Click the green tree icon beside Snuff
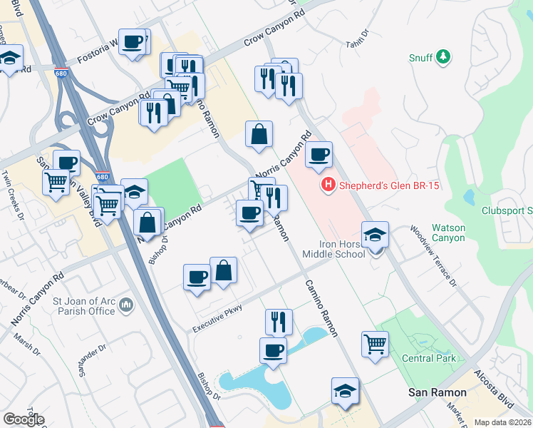[x=443, y=56]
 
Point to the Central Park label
[x=428, y=358]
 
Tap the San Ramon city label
[x=436, y=393]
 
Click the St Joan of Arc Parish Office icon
[x=127, y=305]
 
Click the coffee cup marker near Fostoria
[x=133, y=42]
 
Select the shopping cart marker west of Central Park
[x=375, y=344]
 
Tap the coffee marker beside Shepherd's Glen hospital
[x=319, y=154]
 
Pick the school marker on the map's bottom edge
[x=345, y=390]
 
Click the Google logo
[x=24, y=419]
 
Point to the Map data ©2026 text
[x=502, y=422]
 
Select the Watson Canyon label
[x=449, y=233]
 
